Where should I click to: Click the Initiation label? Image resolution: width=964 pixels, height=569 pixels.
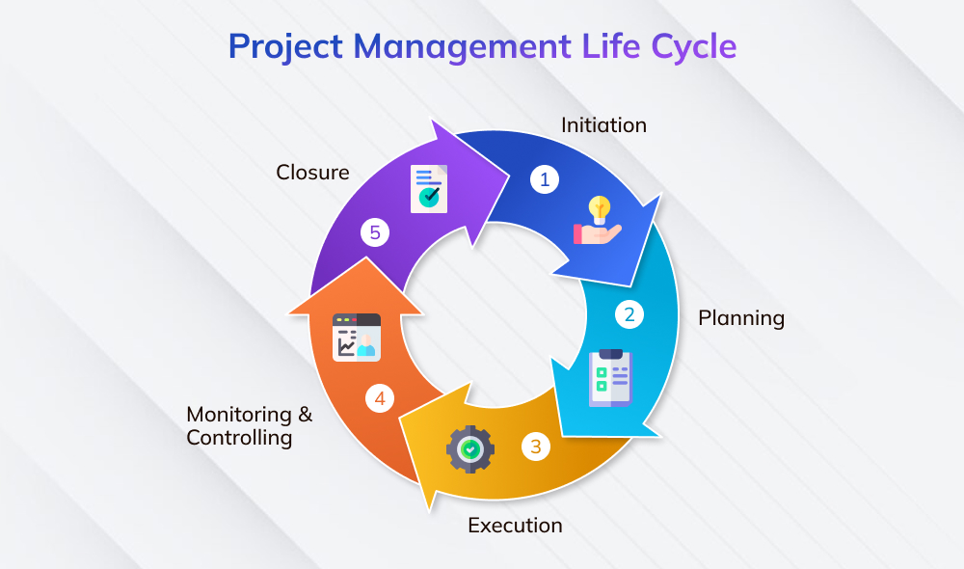coord(603,125)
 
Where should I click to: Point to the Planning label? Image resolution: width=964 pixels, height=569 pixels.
coord(741,317)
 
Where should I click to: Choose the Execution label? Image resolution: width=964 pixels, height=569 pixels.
coord(515,526)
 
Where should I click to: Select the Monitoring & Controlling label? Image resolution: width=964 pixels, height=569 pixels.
coord(250,425)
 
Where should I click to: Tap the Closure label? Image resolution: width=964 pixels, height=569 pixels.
coord(312,173)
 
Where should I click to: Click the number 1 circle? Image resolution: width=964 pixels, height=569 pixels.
coord(545,178)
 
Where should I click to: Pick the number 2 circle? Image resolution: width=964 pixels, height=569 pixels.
coord(629,314)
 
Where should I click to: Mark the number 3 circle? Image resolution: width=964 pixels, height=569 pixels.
coord(536,447)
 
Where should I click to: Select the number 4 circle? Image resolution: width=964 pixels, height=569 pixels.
coord(380,397)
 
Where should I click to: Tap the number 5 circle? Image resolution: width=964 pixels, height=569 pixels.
coord(376,232)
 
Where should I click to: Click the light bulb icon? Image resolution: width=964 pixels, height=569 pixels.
coord(601,207)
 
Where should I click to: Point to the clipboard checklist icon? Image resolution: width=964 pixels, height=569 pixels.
coord(610,376)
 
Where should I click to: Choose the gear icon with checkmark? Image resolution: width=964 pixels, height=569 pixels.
coord(469,448)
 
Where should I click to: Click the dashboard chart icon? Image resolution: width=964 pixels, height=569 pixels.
coord(356,336)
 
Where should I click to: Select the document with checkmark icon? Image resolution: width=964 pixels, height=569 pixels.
coord(427,187)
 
